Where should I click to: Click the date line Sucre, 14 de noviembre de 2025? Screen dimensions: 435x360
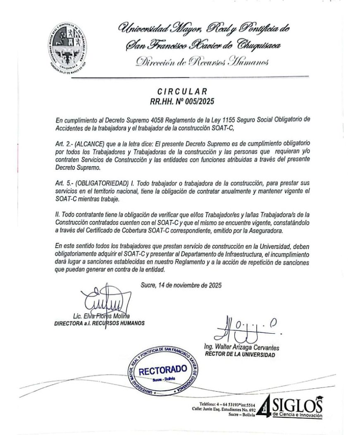[181, 284]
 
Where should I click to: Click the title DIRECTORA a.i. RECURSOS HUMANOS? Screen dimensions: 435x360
[100, 323]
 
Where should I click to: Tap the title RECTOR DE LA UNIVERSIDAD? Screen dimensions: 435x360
[239, 355]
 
